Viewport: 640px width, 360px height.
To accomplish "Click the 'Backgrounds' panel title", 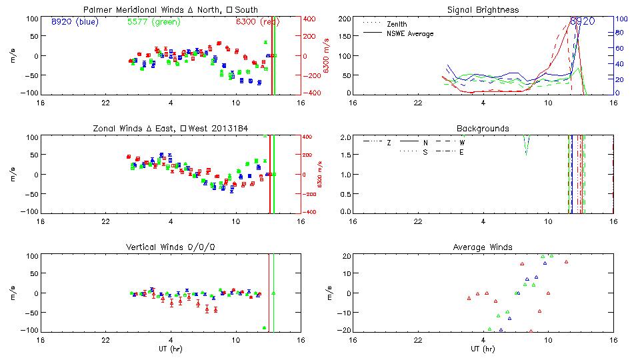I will (483, 128).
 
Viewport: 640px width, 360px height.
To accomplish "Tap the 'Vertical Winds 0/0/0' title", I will (171, 247).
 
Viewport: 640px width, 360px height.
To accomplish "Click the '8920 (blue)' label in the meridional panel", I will (74, 21).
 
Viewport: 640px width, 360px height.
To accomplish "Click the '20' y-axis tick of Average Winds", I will (347, 256).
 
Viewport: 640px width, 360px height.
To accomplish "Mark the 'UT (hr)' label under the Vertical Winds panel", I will (171, 348).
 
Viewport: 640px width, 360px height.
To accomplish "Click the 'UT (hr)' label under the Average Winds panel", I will (483, 348).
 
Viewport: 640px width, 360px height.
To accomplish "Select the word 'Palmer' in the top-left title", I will (97, 10).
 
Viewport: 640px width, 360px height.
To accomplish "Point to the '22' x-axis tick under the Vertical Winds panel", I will (105, 339).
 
